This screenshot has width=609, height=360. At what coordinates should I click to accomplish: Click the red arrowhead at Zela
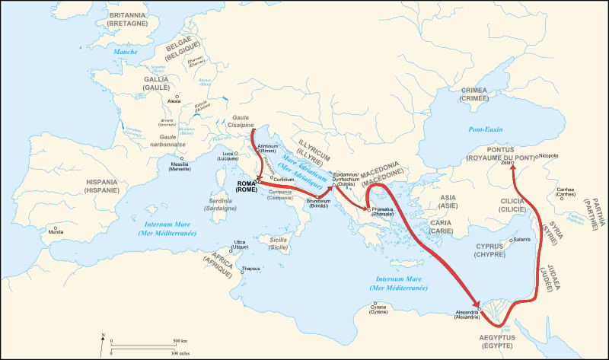tap(512, 170)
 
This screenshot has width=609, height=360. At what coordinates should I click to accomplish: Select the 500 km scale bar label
tap(180, 340)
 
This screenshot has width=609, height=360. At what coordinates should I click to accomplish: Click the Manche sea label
tap(126, 51)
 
